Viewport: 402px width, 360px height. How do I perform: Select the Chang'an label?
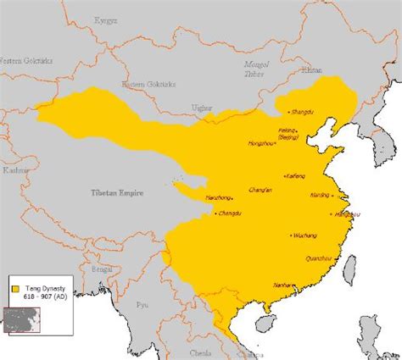(260, 189)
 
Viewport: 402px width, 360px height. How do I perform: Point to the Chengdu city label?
(229, 213)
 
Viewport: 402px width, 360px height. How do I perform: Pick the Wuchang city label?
(304, 235)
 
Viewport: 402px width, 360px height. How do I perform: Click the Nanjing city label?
(320, 195)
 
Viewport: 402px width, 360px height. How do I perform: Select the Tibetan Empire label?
(117, 193)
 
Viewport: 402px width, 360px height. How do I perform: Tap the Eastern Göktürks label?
(144, 84)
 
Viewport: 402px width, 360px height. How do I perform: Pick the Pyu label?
(142, 302)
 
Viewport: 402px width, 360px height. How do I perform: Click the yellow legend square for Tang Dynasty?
(15, 289)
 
